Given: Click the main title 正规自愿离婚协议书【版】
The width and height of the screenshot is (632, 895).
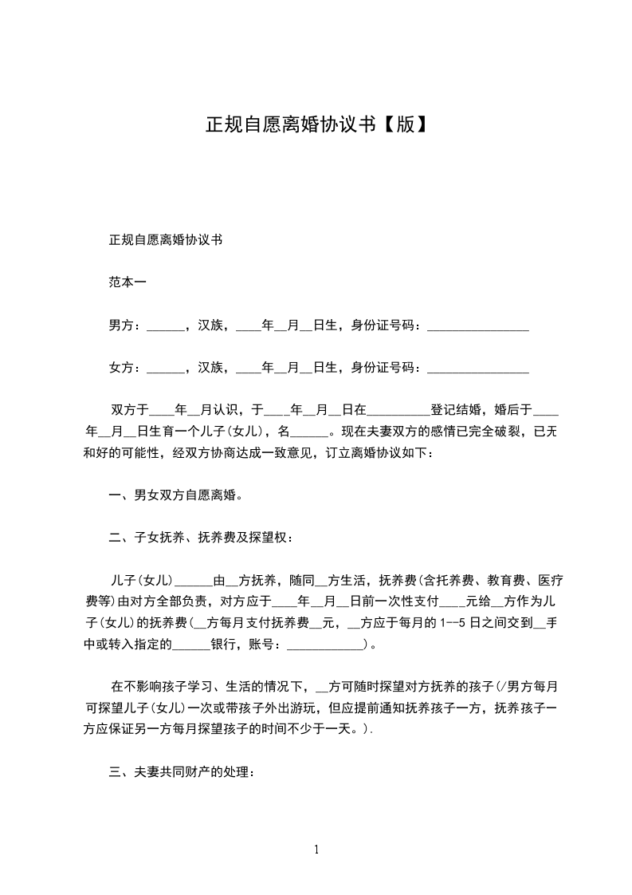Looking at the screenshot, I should tap(316, 126).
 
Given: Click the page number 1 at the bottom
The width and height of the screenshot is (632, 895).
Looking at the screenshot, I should tap(316, 849).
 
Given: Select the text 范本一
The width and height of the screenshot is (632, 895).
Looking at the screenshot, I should tap(127, 282).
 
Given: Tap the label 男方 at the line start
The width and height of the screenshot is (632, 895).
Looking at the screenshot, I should tap(120, 325).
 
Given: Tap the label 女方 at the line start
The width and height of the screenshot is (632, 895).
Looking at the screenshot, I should tap(120, 367).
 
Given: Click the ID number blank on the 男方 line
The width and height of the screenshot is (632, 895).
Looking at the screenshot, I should tap(478, 326).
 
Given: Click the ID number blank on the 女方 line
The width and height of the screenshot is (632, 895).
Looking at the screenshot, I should tap(478, 369).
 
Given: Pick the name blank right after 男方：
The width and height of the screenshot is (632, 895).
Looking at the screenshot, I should tap(165, 326).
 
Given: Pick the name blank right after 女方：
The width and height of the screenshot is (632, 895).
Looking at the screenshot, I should tap(165, 369).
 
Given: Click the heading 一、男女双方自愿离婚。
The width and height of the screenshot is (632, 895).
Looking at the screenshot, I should tap(175, 495).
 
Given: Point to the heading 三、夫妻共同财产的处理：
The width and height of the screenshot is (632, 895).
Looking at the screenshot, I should tap(182, 772).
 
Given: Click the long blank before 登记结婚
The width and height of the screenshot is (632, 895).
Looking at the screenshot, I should tap(398, 412).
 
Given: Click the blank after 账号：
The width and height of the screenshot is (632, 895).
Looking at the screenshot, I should tap(323, 645).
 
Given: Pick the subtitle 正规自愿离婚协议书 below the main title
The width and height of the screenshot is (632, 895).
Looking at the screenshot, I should tap(165, 239).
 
